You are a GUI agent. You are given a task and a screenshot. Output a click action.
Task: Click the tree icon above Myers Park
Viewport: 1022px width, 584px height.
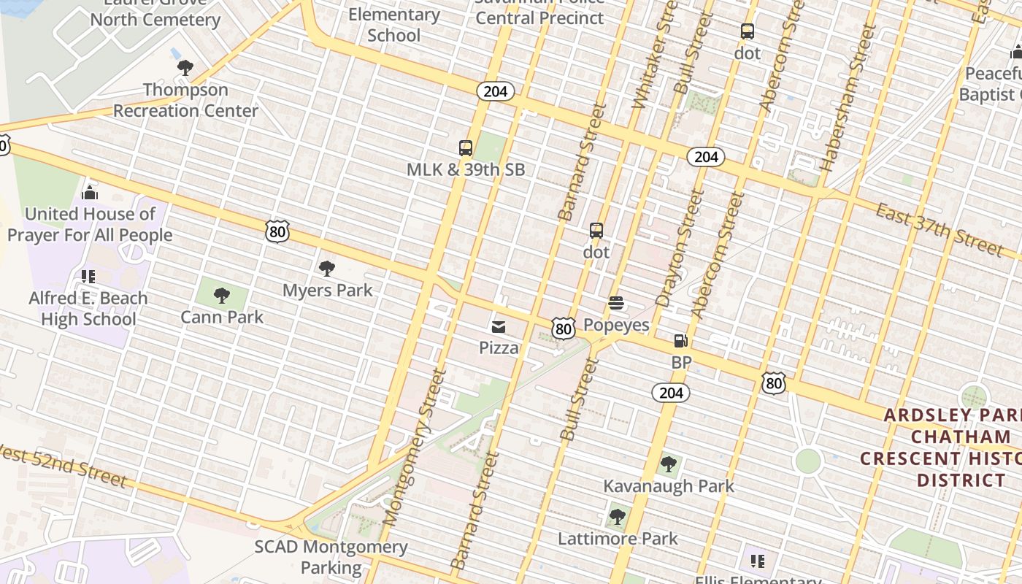327,269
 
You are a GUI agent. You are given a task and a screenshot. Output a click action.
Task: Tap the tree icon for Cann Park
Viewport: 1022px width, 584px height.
222,296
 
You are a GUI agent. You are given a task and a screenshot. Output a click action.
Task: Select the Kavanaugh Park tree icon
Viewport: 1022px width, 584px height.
668,464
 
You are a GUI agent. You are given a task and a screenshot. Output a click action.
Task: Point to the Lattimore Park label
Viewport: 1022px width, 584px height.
618,539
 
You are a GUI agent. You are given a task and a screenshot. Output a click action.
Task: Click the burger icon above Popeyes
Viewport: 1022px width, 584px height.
616,303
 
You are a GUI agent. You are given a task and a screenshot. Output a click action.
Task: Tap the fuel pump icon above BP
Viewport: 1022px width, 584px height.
680,340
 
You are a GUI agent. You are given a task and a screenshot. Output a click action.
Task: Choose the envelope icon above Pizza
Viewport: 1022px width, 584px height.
499,326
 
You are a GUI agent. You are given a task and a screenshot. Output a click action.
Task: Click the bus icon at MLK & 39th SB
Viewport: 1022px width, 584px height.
466,148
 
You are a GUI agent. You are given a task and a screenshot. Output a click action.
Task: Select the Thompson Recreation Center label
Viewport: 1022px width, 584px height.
185,100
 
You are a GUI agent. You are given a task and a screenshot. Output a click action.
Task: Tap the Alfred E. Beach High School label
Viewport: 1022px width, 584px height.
88,309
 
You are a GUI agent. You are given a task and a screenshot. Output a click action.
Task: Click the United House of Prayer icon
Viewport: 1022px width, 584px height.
90,193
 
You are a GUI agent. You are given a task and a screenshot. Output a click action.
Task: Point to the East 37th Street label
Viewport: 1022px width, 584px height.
939,229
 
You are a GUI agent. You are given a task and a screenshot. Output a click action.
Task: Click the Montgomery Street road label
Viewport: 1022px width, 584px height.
414,447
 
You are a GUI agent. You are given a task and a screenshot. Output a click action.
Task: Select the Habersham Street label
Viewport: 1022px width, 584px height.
847,99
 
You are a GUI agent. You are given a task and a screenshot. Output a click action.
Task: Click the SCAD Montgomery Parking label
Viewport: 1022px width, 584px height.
331,557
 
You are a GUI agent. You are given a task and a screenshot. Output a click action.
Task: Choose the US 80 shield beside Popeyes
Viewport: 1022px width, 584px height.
563,328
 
